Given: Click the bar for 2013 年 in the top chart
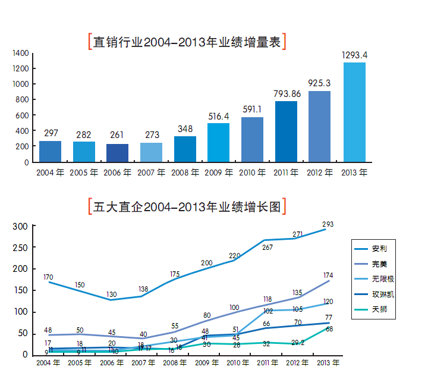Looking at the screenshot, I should pyautogui.click(x=354, y=112).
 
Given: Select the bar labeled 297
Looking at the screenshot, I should pyautogui.click(x=50, y=151).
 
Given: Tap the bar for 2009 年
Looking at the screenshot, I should pyautogui.click(x=218, y=142).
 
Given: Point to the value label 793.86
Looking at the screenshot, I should pyautogui.click(x=287, y=93).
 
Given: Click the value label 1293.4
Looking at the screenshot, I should pyautogui.click(x=354, y=55).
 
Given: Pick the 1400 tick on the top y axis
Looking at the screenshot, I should pyautogui.click(x=21, y=54).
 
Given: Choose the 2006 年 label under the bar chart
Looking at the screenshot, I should pyautogui.click(x=118, y=173).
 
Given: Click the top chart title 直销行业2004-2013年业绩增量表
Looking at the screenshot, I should pyautogui.click(x=187, y=42).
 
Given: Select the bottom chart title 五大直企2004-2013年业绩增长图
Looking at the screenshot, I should pyautogui.click(x=187, y=207).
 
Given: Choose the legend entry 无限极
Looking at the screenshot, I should pyautogui.click(x=383, y=279).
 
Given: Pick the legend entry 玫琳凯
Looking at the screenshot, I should pyautogui.click(x=383, y=294).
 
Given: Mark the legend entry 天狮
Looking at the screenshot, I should pyautogui.click(x=379, y=310).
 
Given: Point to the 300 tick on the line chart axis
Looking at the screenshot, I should pyautogui.click(x=20, y=227).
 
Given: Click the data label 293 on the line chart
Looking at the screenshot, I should pyautogui.click(x=328, y=224).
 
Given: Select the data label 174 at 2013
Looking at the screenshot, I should pyautogui.click(x=328, y=275).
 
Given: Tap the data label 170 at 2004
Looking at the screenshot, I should pyautogui.click(x=49, y=277).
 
